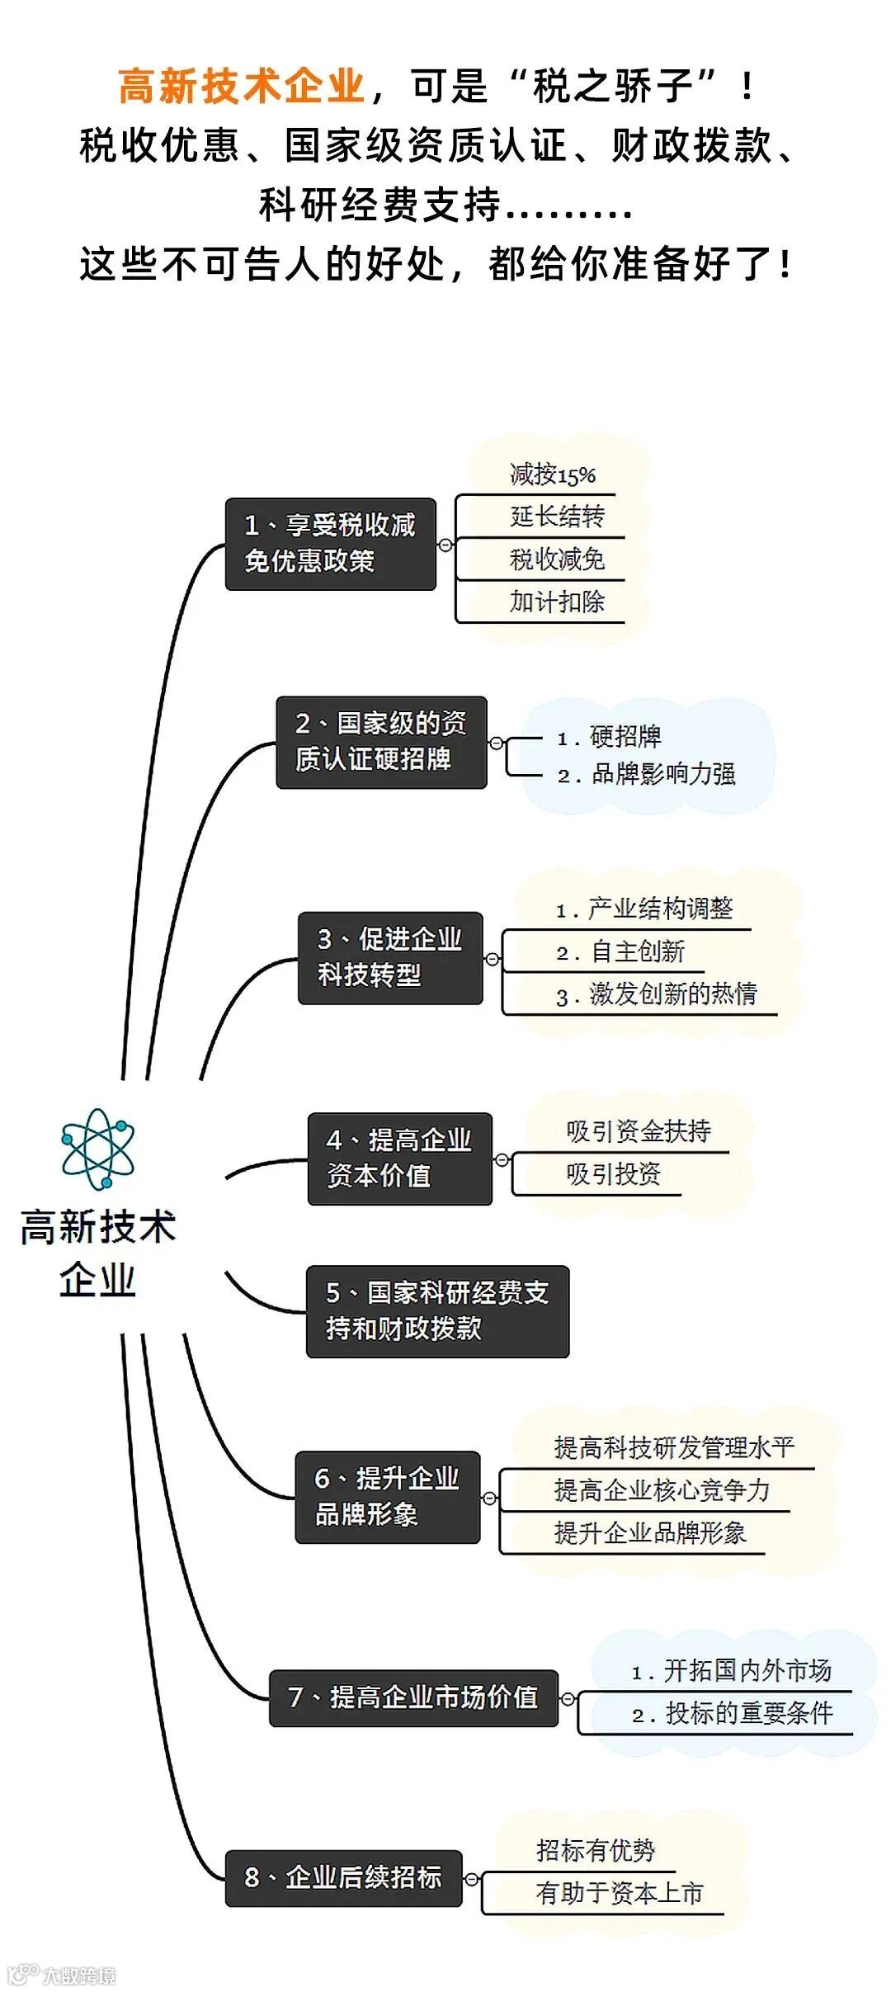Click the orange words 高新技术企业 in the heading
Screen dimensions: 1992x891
tap(242, 87)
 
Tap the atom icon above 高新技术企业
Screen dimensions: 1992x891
tap(97, 1149)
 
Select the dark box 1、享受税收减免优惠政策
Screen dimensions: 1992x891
tap(330, 544)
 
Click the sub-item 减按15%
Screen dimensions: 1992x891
tap(552, 474)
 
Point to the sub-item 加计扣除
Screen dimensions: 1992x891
tap(557, 602)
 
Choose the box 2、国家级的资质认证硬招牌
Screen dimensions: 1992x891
tap(381, 742)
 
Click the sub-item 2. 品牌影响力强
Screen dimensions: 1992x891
tap(647, 774)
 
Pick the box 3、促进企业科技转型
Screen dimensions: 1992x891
tap(390, 957)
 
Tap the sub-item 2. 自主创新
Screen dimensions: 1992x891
tap(620, 951)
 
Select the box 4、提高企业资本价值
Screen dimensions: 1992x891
tap(399, 1159)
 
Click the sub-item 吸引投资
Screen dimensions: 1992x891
tap(613, 1173)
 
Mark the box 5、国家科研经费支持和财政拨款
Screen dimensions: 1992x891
tap(437, 1311)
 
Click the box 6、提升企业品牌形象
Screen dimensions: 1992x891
tap(387, 1497)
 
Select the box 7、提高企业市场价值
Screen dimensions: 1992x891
tap(413, 1698)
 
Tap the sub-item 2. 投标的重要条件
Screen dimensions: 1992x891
tap(733, 1714)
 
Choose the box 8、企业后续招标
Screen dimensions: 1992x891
tap(343, 1878)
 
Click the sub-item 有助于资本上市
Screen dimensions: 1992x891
tap(619, 1893)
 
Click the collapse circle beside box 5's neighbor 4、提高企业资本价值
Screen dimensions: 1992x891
tap(501, 1159)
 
